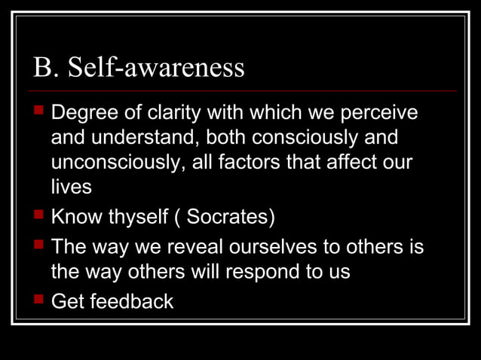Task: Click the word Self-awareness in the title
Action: [156, 68]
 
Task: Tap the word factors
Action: [259, 163]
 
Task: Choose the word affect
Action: [351, 163]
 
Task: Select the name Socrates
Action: [229, 218]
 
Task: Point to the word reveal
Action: [198, 248]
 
